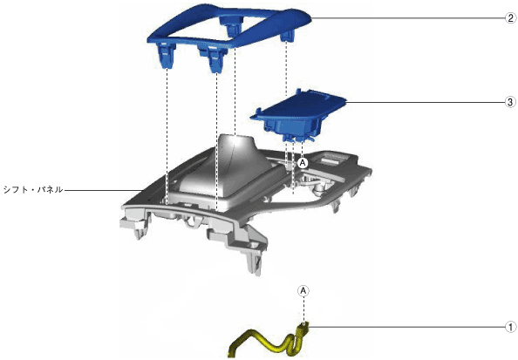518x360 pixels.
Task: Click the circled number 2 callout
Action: pyautogui.click(x=511, y=17)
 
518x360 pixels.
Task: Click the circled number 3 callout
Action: pyautogui.click(x=510, y=102)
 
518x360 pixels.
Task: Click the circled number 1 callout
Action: pyautogui.click(x=511, y=327)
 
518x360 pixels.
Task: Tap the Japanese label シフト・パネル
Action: pyautogui.click(x=33, y=189)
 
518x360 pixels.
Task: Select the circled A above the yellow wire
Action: pyautogui.click(x=303, y=290)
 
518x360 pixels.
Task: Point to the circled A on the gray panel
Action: pyautogui.click(x=303, y=162)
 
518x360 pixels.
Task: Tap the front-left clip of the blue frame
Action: pyautogui.click(x=167, y=55)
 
